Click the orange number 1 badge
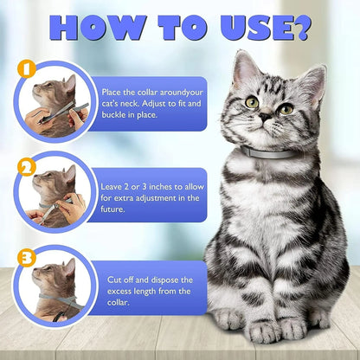coord(27,69)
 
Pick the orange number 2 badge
coord(27,168)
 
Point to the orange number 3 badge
coord(27,258)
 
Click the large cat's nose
coord(265,117)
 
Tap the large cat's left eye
coord(286,109)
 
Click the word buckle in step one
coord(114,114)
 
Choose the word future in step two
coord(112,209)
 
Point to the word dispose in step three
coord(164,280)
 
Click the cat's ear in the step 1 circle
coord(70,84)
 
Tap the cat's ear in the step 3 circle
coord(69,267)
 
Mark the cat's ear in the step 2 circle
coord(70,175)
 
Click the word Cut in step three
coord(114,280)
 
